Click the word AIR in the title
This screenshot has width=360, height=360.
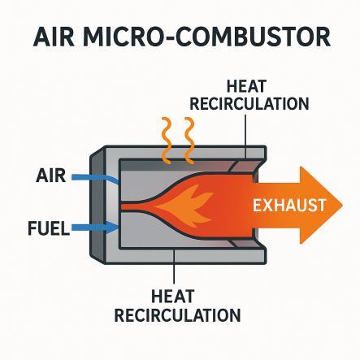point(54,37)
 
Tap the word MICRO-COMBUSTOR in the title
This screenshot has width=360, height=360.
point(206,37)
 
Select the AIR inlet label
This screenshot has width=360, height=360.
point(50,176)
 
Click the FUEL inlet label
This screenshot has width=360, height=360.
point(49,228)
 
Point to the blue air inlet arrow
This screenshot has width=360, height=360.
point(95,179)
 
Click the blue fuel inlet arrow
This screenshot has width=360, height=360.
point(95,228)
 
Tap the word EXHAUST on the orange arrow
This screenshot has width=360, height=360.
point(289,205)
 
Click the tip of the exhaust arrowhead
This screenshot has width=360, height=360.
point(343,206)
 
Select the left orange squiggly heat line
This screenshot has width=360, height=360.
point(166,141)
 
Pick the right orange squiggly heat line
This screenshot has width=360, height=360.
point(189,141)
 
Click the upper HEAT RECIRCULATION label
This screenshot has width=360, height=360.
point(249,95)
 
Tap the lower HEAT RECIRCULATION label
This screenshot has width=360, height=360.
point(177,306)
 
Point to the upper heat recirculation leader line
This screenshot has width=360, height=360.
point(245,137)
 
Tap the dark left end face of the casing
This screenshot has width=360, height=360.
point(97,205)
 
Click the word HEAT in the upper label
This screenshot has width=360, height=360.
point(246,87)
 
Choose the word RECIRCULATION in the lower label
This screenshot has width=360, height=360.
point(177,314)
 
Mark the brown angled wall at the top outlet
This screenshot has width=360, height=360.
point(245,166)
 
